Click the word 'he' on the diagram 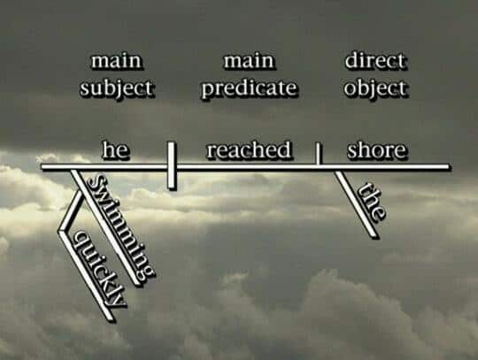(x=116, y=149)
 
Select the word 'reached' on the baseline (x=249, y=149)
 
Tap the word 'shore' (x=377, y=149)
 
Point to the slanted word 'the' (x=372, y=201)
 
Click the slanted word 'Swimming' (x=121, y=226)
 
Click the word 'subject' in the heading (x=117, y=88)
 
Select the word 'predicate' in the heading (x=249, y=88)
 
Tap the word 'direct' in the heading (x=375, y=61)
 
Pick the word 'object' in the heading (x=375, y=88)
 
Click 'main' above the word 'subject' (x=117, y=61)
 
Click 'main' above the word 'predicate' (x=249, y=61)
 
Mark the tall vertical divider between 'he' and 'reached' (x=172, y=165)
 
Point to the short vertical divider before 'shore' (x=318, y=153)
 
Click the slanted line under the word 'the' (x=356, y=204)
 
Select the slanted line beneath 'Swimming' (x=105, y=227)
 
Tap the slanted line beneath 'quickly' (x=86, y=275)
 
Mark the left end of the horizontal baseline (x=42, y=167)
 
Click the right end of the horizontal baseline (x=448, y=167)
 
